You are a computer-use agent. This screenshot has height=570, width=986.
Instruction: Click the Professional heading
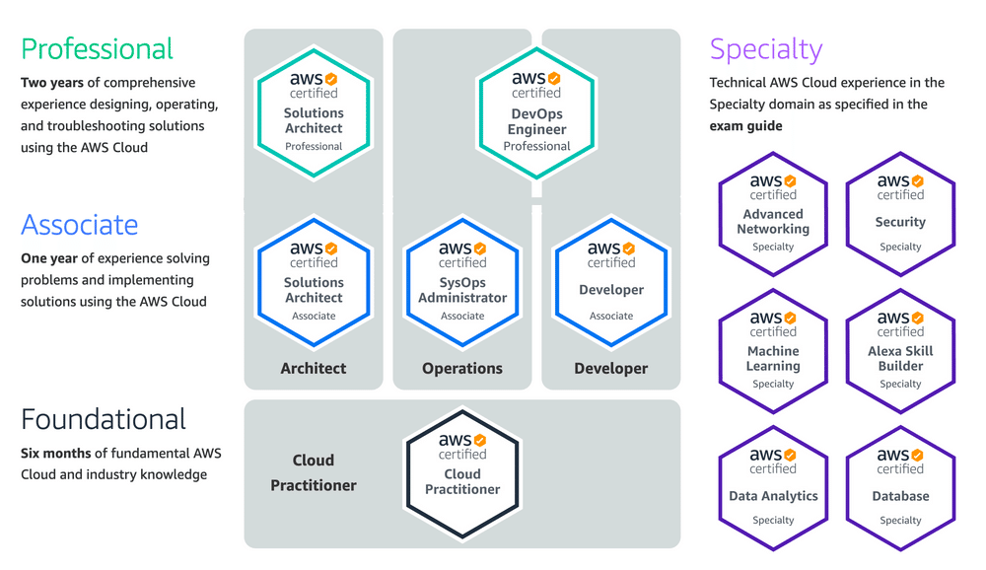pos(97,49)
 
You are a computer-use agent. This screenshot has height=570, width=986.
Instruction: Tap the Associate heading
pos(80,225)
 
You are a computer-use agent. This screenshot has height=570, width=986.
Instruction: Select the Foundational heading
pos(104,419)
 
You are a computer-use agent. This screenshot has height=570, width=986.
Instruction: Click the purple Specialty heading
pos(765,49)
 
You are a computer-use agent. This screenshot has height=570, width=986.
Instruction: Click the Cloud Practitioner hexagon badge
pos(462,467)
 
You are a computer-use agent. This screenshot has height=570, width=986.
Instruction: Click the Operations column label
pos(462,369)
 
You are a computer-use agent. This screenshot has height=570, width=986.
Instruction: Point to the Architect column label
pos(314,369)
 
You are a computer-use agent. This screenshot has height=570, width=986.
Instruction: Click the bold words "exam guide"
pos(746,126)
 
